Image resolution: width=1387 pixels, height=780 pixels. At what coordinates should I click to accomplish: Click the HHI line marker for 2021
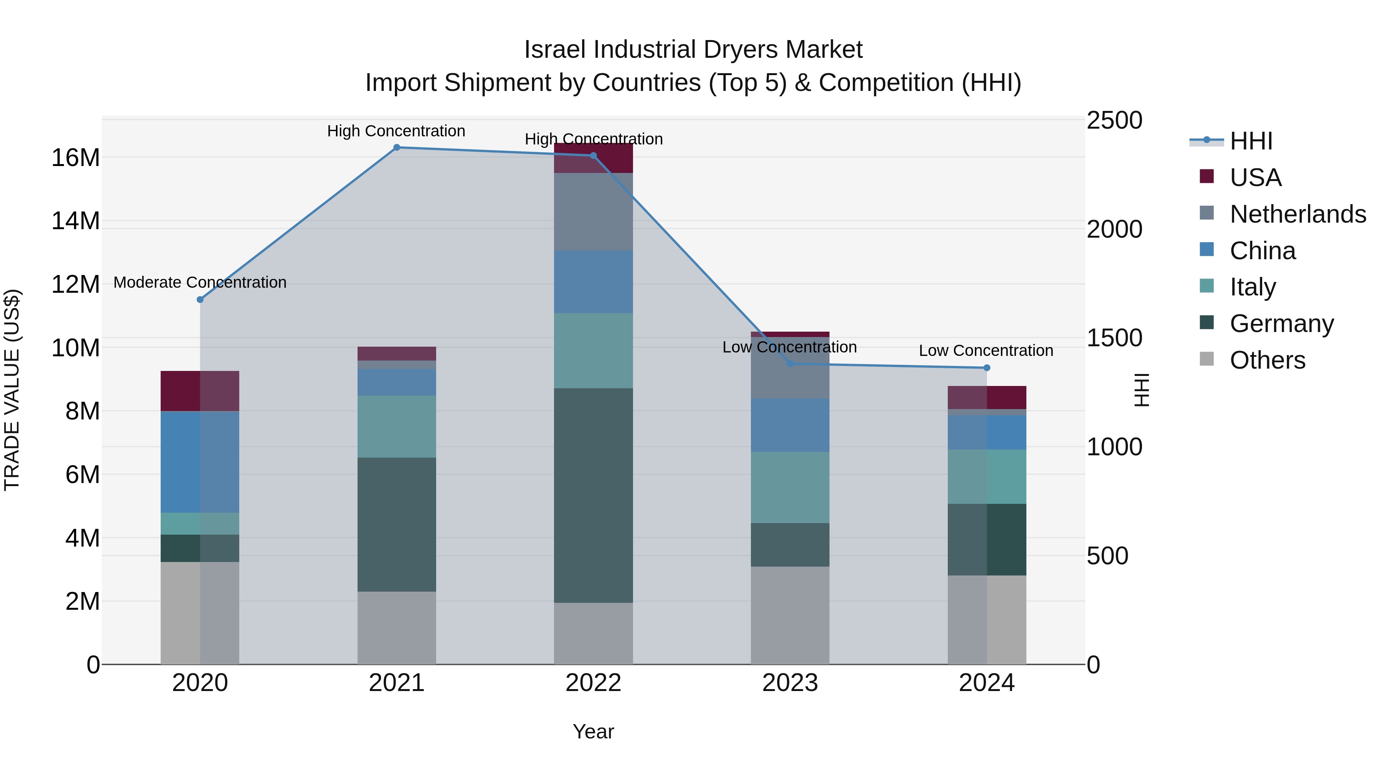click(x=396, y=148)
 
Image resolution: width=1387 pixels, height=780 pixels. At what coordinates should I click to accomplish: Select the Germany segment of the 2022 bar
click(x=593, y=495)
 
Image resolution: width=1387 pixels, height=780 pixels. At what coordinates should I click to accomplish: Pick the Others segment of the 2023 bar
click(x=789, y=615)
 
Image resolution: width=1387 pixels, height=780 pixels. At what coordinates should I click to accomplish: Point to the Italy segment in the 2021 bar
click(x=396, y=426)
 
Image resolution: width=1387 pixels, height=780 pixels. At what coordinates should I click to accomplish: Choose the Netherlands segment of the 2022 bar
click(x=593, y=211)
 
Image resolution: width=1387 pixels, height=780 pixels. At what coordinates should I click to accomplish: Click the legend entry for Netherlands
click(x=1297, y=214)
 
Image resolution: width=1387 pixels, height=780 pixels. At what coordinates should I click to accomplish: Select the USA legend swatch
click(x=1207, y=176)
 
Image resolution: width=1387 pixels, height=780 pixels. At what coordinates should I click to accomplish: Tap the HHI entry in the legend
click(x=1250, y=141)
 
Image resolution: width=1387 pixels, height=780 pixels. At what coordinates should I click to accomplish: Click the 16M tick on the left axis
click(x=76, y=158)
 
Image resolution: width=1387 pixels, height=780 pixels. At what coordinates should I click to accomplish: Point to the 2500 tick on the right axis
click(x=1113, y=121)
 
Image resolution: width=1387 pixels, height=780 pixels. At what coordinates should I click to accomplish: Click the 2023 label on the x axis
click(x=789, y=683)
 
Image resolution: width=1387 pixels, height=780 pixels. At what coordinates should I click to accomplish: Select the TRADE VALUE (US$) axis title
click(x=12, y=390)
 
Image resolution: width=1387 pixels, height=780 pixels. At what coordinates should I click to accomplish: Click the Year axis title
click(x=593, y=731)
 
